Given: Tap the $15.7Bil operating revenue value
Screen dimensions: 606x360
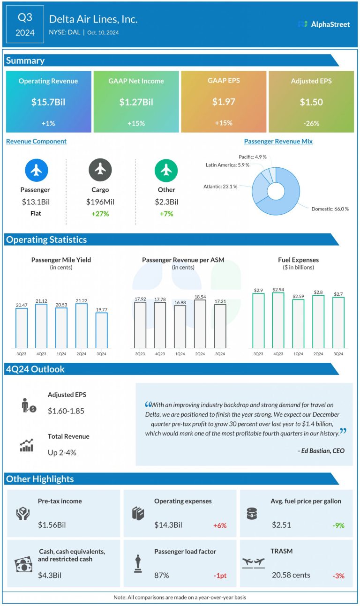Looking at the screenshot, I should pos(48,102).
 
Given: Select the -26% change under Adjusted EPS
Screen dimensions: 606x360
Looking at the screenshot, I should pos(311,123).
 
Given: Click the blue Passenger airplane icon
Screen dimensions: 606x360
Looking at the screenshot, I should pos(36,170).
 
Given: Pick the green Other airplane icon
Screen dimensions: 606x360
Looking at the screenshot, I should pos(166,170).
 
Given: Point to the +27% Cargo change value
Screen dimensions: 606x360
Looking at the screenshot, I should pos(100,214).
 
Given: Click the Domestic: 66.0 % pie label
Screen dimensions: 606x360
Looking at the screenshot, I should pos(330,209).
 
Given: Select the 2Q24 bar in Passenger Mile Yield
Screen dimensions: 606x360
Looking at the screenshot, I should pos(82,325).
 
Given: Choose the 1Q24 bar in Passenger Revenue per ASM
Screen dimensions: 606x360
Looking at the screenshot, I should pos(180,327).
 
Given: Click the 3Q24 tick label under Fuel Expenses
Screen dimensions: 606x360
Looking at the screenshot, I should pos(338,354).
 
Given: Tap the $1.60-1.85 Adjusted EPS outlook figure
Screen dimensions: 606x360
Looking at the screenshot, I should pos(66,411).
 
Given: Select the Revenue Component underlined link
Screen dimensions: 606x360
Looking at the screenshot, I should pos(36,141).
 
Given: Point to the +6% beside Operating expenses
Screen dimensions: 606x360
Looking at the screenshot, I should pos(219,525).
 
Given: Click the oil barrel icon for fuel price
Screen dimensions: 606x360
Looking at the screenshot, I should pos(252,514).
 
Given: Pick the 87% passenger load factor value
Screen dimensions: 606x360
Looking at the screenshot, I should pos(162,575).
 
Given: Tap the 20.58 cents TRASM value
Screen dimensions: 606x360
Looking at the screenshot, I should pos(291,575).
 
